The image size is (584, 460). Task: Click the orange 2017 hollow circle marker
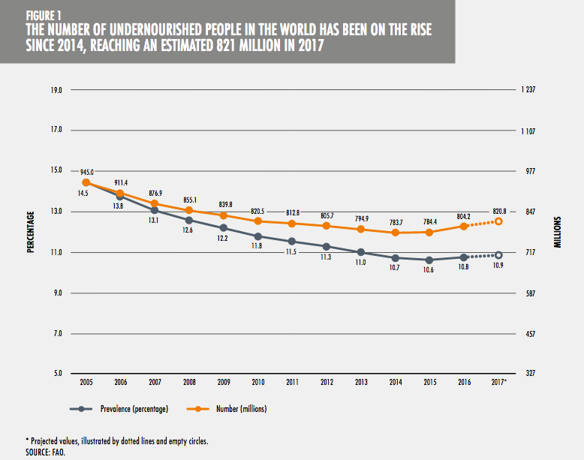pyautogui.click(x=498, y=221)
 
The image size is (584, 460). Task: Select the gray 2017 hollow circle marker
pyautogui.click(x=498, y=255)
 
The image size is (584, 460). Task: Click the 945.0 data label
pyautogui.click(x=86, y=172)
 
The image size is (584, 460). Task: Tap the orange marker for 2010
pyautogui.click(x=257, y=221)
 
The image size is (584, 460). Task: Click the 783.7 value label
pyautogui.click(x=395, y=222)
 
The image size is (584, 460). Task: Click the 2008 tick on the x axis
pyautogui.click(x=189, y=382)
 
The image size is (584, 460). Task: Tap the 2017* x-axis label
pyautogui.click(x=499, y=382)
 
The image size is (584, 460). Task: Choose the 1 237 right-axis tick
pyautogui.click(x=527, y=90)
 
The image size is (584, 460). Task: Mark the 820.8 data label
pyautogui.click(x=498, y=211)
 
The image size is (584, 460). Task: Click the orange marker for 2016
pyautogui.click(x=464, y=226)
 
